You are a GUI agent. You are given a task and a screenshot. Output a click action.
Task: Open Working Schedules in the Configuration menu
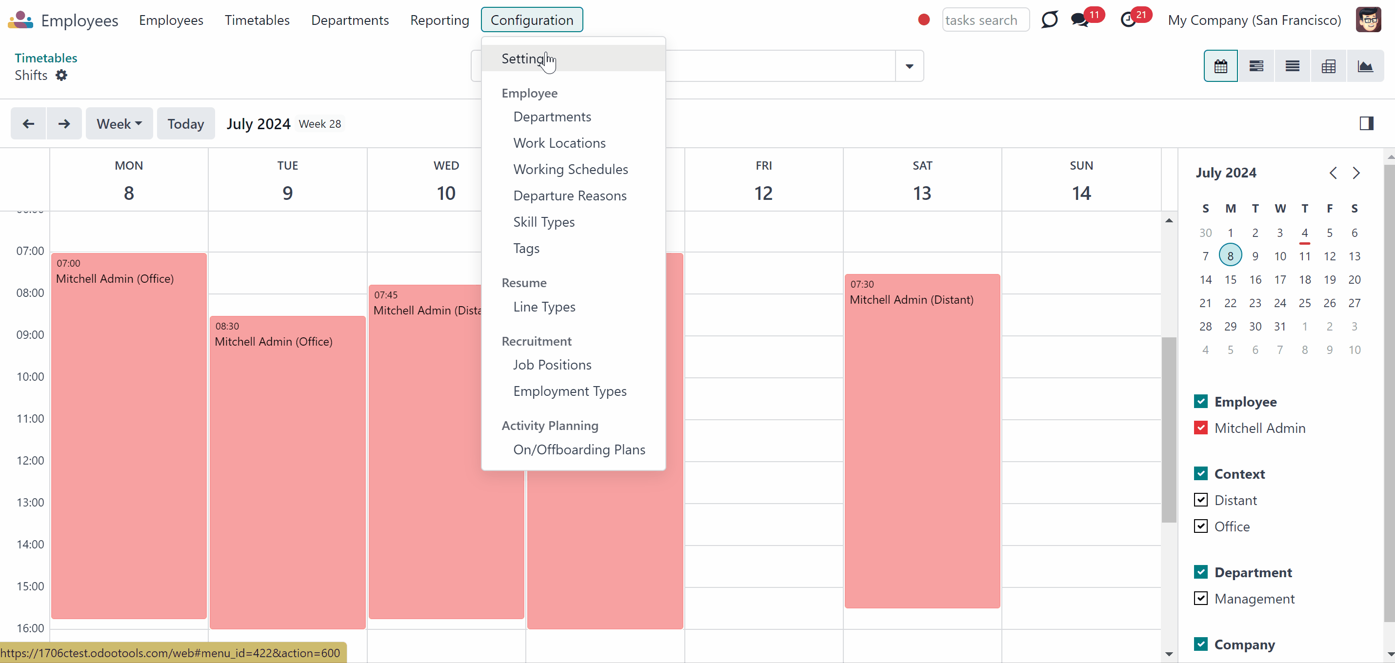click(570, 169)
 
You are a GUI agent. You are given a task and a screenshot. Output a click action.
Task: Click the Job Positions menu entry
click(552, 365)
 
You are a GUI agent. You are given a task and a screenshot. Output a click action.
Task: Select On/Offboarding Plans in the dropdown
click(579, 450)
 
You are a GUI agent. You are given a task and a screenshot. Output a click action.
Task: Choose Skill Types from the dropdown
click(544, 222)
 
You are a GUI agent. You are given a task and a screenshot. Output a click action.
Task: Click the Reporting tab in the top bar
click(439, 20)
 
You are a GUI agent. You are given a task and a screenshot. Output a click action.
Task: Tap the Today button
click(186, 124)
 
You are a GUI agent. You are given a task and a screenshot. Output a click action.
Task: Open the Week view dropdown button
click(119, 124)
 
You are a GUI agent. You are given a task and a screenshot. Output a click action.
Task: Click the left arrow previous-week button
click(29, 124)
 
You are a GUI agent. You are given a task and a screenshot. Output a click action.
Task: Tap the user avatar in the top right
click(1368, 20)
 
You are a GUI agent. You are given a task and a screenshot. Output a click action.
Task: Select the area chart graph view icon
click(1365, 66)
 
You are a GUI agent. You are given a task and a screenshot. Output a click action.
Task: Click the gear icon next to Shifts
click(62, 75)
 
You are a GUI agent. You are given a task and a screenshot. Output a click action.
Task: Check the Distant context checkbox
click(1200, 500)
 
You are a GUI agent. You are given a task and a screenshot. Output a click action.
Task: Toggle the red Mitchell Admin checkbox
click(1200, 428)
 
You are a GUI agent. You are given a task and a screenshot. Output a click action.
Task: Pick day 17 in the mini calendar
click(1280, 280)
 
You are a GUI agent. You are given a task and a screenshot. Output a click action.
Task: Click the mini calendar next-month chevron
click(1356, 173)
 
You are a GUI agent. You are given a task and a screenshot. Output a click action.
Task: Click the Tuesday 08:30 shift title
click(274, 342)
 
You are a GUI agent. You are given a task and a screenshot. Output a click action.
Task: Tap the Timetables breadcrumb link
click(46, 58)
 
